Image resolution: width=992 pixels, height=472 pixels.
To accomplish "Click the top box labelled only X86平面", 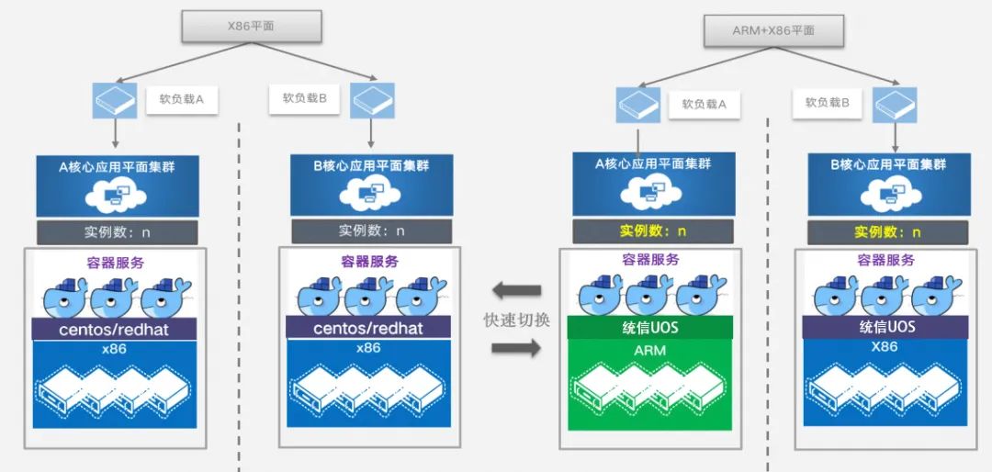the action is [x=251, y=27].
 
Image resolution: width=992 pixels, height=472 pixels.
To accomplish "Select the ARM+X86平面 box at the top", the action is [x=773, y=30].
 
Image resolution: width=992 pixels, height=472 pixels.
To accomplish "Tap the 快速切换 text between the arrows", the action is [x=517, y=320].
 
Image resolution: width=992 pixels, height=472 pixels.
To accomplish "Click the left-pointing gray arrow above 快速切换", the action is [x=517, y=291].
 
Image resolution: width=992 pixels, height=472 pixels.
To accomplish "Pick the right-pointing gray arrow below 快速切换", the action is [x=517, y=347].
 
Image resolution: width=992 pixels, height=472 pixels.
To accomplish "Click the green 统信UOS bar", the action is [x=650, y=328].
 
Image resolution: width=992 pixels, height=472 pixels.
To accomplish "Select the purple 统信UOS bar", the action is [x=885, y=327].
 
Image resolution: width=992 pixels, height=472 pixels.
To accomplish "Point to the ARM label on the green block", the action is [x=650, y=350].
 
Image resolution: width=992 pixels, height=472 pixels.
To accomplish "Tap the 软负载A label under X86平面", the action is [x=182, y=100].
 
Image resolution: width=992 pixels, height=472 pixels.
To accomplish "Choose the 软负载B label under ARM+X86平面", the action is [x=827, y=103].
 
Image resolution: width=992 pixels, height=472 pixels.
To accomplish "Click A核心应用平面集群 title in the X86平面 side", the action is [x=117, y=167].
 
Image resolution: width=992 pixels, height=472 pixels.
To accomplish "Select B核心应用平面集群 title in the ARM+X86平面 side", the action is [x=888, y=164].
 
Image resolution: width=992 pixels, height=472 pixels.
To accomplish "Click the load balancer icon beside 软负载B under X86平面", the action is [x=372, y=100].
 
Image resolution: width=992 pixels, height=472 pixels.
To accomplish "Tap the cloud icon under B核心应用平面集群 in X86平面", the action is [x=371, y=193].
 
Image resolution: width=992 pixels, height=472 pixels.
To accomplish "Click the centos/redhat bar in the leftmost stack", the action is [x=115, y=329].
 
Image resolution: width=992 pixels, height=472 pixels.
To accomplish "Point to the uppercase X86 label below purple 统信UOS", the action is [x=885, y=346].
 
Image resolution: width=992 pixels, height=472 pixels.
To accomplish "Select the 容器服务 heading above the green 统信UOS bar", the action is [x=651, y=259].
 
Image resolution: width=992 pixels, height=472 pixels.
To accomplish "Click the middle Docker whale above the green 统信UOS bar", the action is [x=649, y=295].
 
